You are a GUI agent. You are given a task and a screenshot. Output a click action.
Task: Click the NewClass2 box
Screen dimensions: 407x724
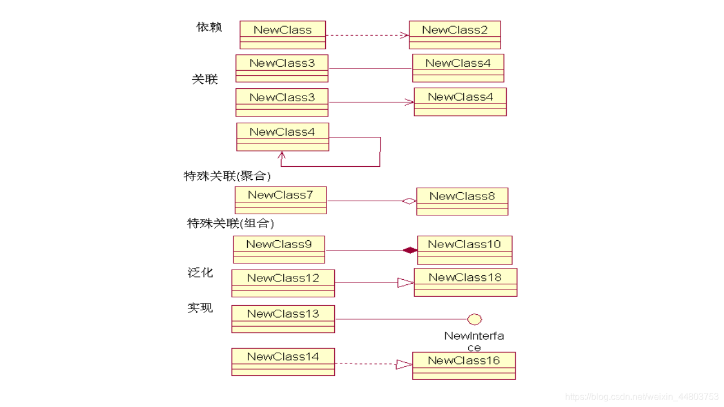click(455, 35)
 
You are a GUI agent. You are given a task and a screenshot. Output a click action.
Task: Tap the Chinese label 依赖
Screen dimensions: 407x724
click(209, 27)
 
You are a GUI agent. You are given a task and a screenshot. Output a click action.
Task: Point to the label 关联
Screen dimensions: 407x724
click(204, 79)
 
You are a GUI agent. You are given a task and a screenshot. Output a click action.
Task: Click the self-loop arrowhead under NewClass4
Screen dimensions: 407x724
click(282, 155)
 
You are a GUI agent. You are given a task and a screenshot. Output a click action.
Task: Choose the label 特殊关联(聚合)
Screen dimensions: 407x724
click(227, 176)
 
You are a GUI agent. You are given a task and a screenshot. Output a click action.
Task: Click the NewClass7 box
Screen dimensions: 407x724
click(281, 200)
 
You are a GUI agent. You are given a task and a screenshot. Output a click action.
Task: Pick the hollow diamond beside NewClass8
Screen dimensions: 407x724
click(409, 201)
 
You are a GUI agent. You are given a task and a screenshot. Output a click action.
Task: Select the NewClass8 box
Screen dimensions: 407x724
click(462, 201)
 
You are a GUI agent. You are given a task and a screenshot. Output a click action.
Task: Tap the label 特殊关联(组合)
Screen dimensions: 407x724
click(231, 223)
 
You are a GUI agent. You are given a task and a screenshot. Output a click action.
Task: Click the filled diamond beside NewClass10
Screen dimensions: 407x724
click(410, 250)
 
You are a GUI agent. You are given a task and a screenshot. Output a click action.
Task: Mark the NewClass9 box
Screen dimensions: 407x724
click(279, 249)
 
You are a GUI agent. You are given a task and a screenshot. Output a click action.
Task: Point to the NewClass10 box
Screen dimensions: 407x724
click(464, 250)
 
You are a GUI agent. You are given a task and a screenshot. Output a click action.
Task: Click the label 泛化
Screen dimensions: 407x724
click(200, 272)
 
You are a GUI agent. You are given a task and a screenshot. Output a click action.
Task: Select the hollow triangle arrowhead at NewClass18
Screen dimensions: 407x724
click(405, 283)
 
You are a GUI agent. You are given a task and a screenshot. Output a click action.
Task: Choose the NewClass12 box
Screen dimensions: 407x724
click(283, 283)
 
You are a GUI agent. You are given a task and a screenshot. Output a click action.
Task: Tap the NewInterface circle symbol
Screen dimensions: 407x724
click(475, 319)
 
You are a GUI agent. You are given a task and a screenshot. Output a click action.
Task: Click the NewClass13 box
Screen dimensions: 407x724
click(283, 319)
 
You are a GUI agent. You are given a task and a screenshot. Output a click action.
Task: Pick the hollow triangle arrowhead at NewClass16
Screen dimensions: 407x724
click(404, 365)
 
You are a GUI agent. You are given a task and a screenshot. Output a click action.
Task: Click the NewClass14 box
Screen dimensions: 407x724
click(283, 362)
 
